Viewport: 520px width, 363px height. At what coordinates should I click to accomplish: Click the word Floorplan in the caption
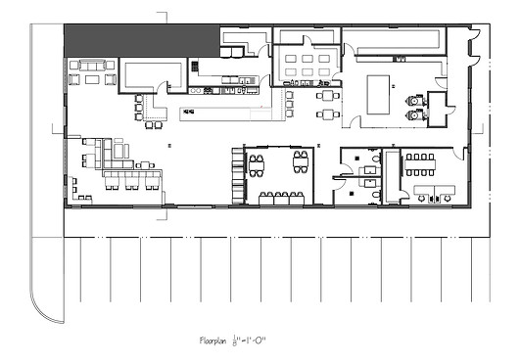(213, 340)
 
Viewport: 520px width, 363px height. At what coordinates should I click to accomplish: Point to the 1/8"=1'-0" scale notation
(250, 340)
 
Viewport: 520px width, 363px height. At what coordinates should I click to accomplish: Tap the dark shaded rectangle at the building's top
(142, 41)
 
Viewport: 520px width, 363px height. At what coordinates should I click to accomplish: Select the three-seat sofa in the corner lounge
(92, 65)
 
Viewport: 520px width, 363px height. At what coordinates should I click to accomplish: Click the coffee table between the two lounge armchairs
(92, 79)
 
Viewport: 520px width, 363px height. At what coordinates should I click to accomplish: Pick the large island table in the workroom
(378, 95)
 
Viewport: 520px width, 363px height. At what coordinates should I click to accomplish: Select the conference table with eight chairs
(420, 164)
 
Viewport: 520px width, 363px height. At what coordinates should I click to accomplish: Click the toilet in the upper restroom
(376, 159)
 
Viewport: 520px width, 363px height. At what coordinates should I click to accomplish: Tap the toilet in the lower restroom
(376, 195)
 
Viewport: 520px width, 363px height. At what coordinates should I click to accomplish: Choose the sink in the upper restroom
(370, 170)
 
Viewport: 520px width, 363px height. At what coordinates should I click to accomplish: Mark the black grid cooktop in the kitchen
(195, 67)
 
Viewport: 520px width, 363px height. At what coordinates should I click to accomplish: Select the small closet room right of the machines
(437, 110)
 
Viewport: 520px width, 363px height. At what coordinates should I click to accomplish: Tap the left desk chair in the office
(421, 199)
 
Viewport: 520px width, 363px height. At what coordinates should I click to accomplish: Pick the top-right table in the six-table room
(324, 59)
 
